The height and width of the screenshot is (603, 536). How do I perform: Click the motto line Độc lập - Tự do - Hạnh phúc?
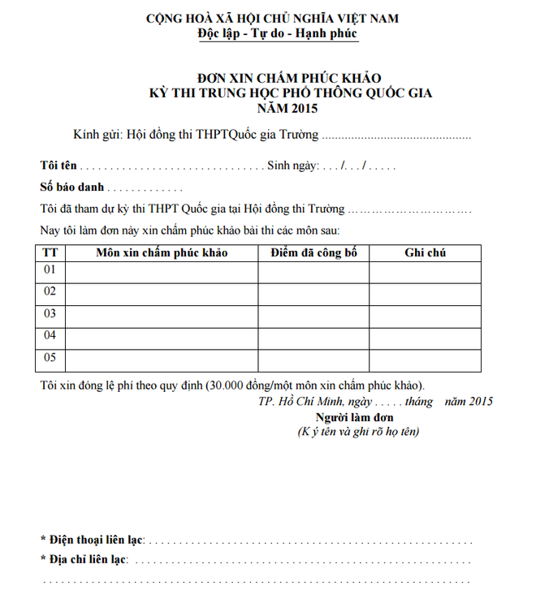[x=277, y=34]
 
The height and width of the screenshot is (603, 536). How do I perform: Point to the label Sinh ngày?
[x=293, y=166]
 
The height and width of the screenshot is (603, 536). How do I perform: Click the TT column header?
[x=50, y=252]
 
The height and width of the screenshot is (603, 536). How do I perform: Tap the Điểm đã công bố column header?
[x=313, y=252]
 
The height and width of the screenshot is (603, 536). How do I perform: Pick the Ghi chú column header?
[x=425, y=252]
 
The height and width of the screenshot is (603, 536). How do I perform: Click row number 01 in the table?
[x=50, y=269]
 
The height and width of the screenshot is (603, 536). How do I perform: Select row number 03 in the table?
[x=50, y=313]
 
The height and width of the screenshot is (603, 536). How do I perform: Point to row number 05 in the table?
[x=50, y=358]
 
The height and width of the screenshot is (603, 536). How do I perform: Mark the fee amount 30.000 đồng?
[x=240, y=385]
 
